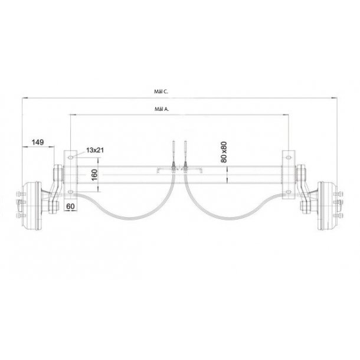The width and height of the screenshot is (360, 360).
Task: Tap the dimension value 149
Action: pos(37,142)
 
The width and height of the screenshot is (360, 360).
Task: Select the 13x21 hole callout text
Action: pos(94,151)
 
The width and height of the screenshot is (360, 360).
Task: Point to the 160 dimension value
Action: pos(94,175)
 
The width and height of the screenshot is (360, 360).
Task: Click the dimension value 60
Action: pos(70,206)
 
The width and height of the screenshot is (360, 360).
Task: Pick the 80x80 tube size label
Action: pos(223,152)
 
